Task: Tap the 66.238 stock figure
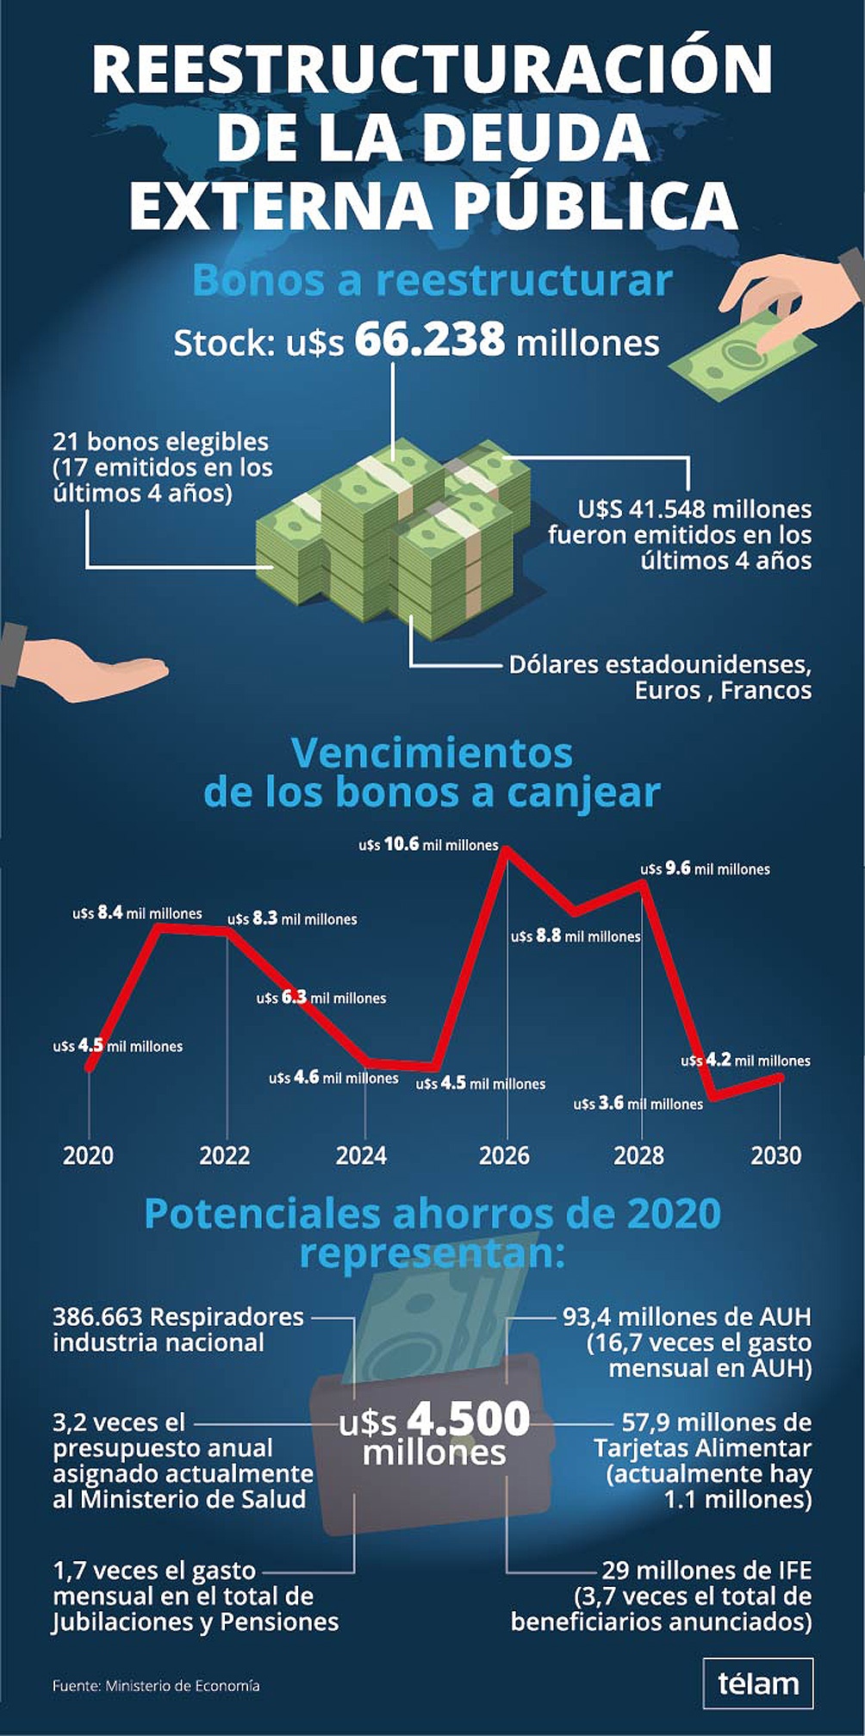click(429, 339)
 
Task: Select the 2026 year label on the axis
click(504, 1155)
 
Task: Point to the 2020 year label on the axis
click(88, 1155)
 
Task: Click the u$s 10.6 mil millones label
click(428, 845)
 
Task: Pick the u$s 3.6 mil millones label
click(638, 1104)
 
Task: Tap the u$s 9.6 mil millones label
click(705, 869)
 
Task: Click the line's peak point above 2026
click(507, 850)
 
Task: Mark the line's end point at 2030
click(780, 1076)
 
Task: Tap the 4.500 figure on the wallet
click(469, 1419)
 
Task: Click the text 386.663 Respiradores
click(177, 1316)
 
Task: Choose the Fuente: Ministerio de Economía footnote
click(156, 1685)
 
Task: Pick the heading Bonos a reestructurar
click(432, 281)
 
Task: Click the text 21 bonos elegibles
click(160, 442)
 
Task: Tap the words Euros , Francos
click(723, 690)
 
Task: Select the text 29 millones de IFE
click(706, 1570)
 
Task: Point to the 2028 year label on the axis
click(638, 1155)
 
